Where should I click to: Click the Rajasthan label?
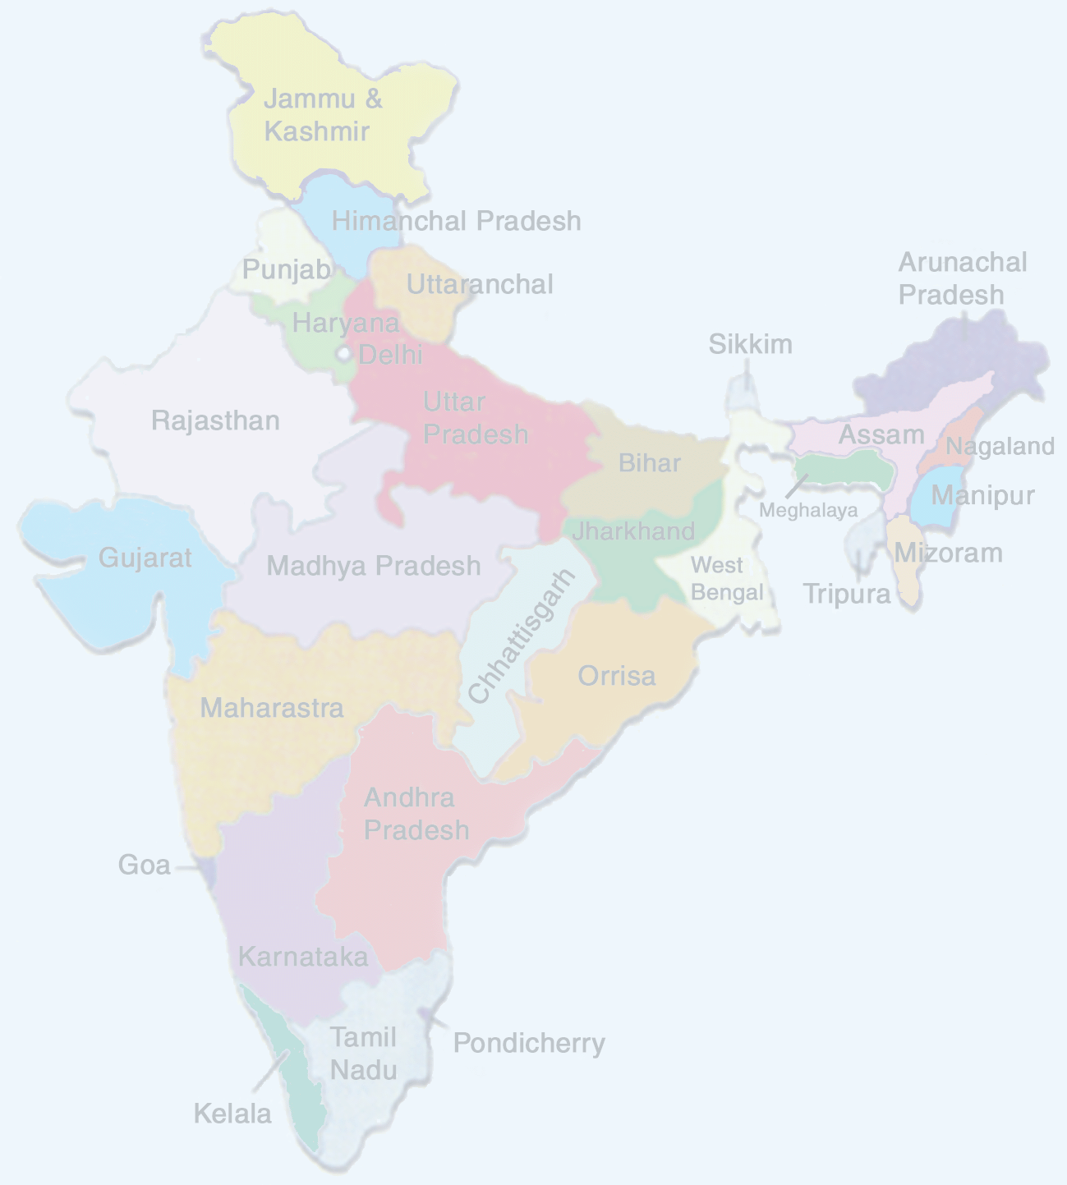pyautogui.click(x=215, y=420)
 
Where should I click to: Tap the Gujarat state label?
pyautogui.click(x=145, y=558)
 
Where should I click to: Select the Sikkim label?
pyautogui.click(x=750, y=344)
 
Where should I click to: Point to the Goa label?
pyautogui.click(x=144, y=865)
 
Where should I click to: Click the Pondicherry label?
pyautogui.click(x=529, y=1043)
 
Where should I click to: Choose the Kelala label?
pyautogui.click(x=232, y=1114)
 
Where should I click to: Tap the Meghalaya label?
pyautogui.click(x=807, y=511)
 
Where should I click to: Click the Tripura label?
pyautogui.click(x=846, y=593)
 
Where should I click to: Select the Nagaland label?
pyautogui.click(x=1000, y=446)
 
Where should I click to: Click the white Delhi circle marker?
pyautogui.click(x=343, y=354)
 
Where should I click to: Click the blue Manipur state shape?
pyautogui.click(x=936, y=501)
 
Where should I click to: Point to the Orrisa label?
pyautogui.click(x=616, y=676)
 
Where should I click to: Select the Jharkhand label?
pyautogui.click(x=633, y=530)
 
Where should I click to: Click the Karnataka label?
pyautogui.click(x=302, y=957)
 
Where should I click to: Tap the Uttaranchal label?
pyautogui.click(x=480, y=284)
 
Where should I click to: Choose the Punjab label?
pyautogui.click(x=286, y=269)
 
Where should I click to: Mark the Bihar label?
pyautogui.click(x=649, y=462)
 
